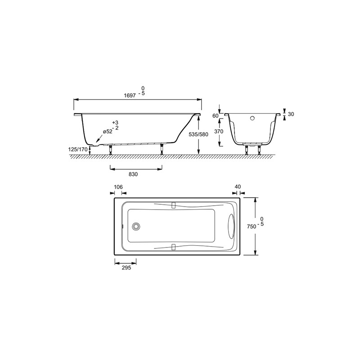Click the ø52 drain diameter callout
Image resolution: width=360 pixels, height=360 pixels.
[x=107, y=131]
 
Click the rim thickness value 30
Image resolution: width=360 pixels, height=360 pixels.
[x=290, y=114]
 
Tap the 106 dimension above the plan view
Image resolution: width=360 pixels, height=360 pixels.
[x=118, y=187]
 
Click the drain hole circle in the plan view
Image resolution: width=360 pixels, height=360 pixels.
[x=137, y=226]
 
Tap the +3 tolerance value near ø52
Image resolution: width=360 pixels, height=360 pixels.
[x=116, y=122]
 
